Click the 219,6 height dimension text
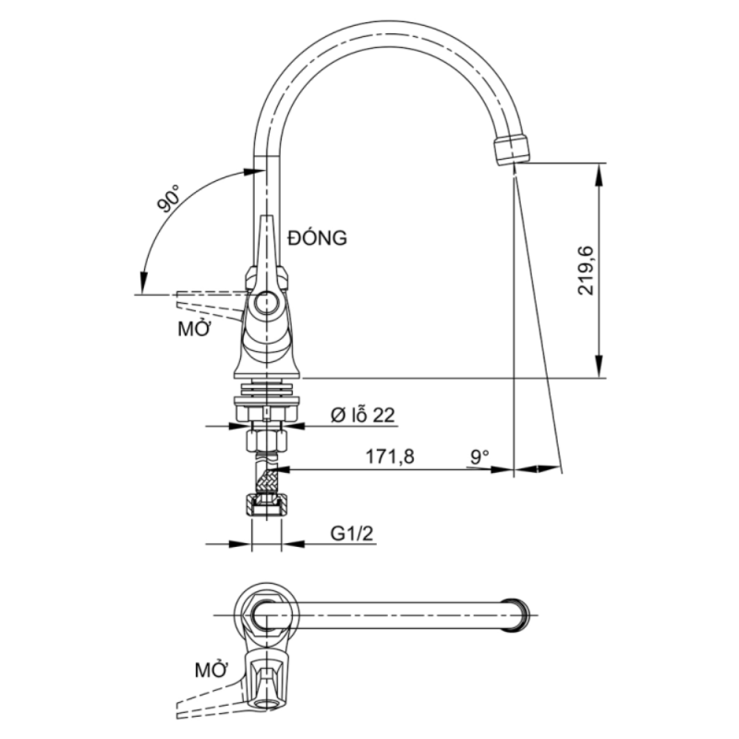click(x=587, y=271)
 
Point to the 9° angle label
click(x=479, y=456)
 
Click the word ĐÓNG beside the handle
click(x=317, y=238)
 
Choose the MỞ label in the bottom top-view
click(x=212, y=669)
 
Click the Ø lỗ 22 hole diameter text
click(x=362, y=416)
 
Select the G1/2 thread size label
click(x=351, y=533)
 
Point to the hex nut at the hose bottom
click(x=266, y=506)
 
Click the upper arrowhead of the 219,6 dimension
click(x=600, y=174)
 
